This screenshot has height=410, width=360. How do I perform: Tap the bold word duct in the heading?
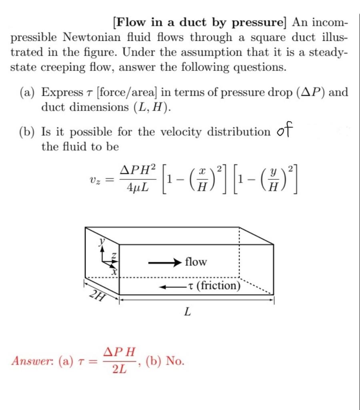pyautogui.click(x=191, y=22)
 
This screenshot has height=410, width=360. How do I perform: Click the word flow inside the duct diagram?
pyautogui.click(x=196, y=262)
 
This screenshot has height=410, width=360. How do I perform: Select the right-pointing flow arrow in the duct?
pyautogui.click(x=164, y=263)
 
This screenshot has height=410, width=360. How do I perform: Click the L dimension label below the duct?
pyautogui.click(x=187, y=312)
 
